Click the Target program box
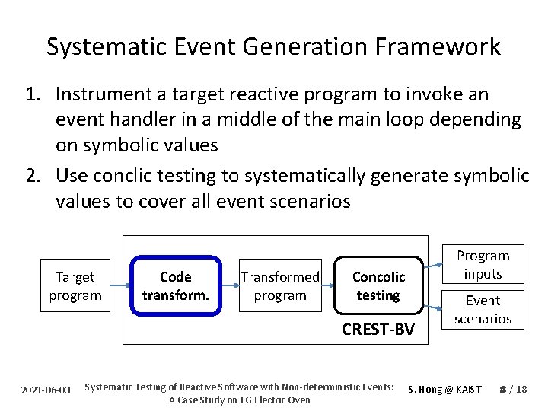(x=75, y=286)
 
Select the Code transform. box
(x=176, y=286)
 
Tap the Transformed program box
(x=279, y=286)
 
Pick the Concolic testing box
(x=378, y=286)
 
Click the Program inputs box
(x=483, y=264)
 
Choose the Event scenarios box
(x=483, y=309)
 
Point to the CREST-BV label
(x=378, y=329)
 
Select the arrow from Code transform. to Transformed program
(x=229, y=286)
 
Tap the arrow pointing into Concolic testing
(x=328, y=286)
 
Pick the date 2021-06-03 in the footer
(x=46, y=390)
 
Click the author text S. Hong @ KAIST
(x=445, y=390)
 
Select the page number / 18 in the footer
(x=517, y=390)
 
